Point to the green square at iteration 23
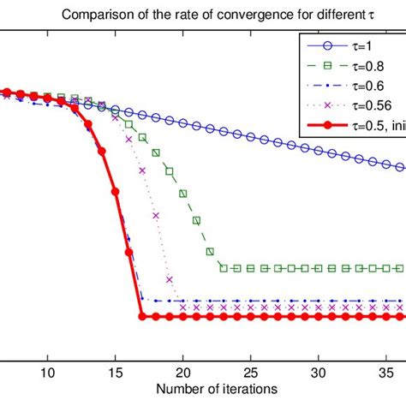(223, 268)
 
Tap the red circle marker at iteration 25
(250, 317)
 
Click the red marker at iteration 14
(102, 152)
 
